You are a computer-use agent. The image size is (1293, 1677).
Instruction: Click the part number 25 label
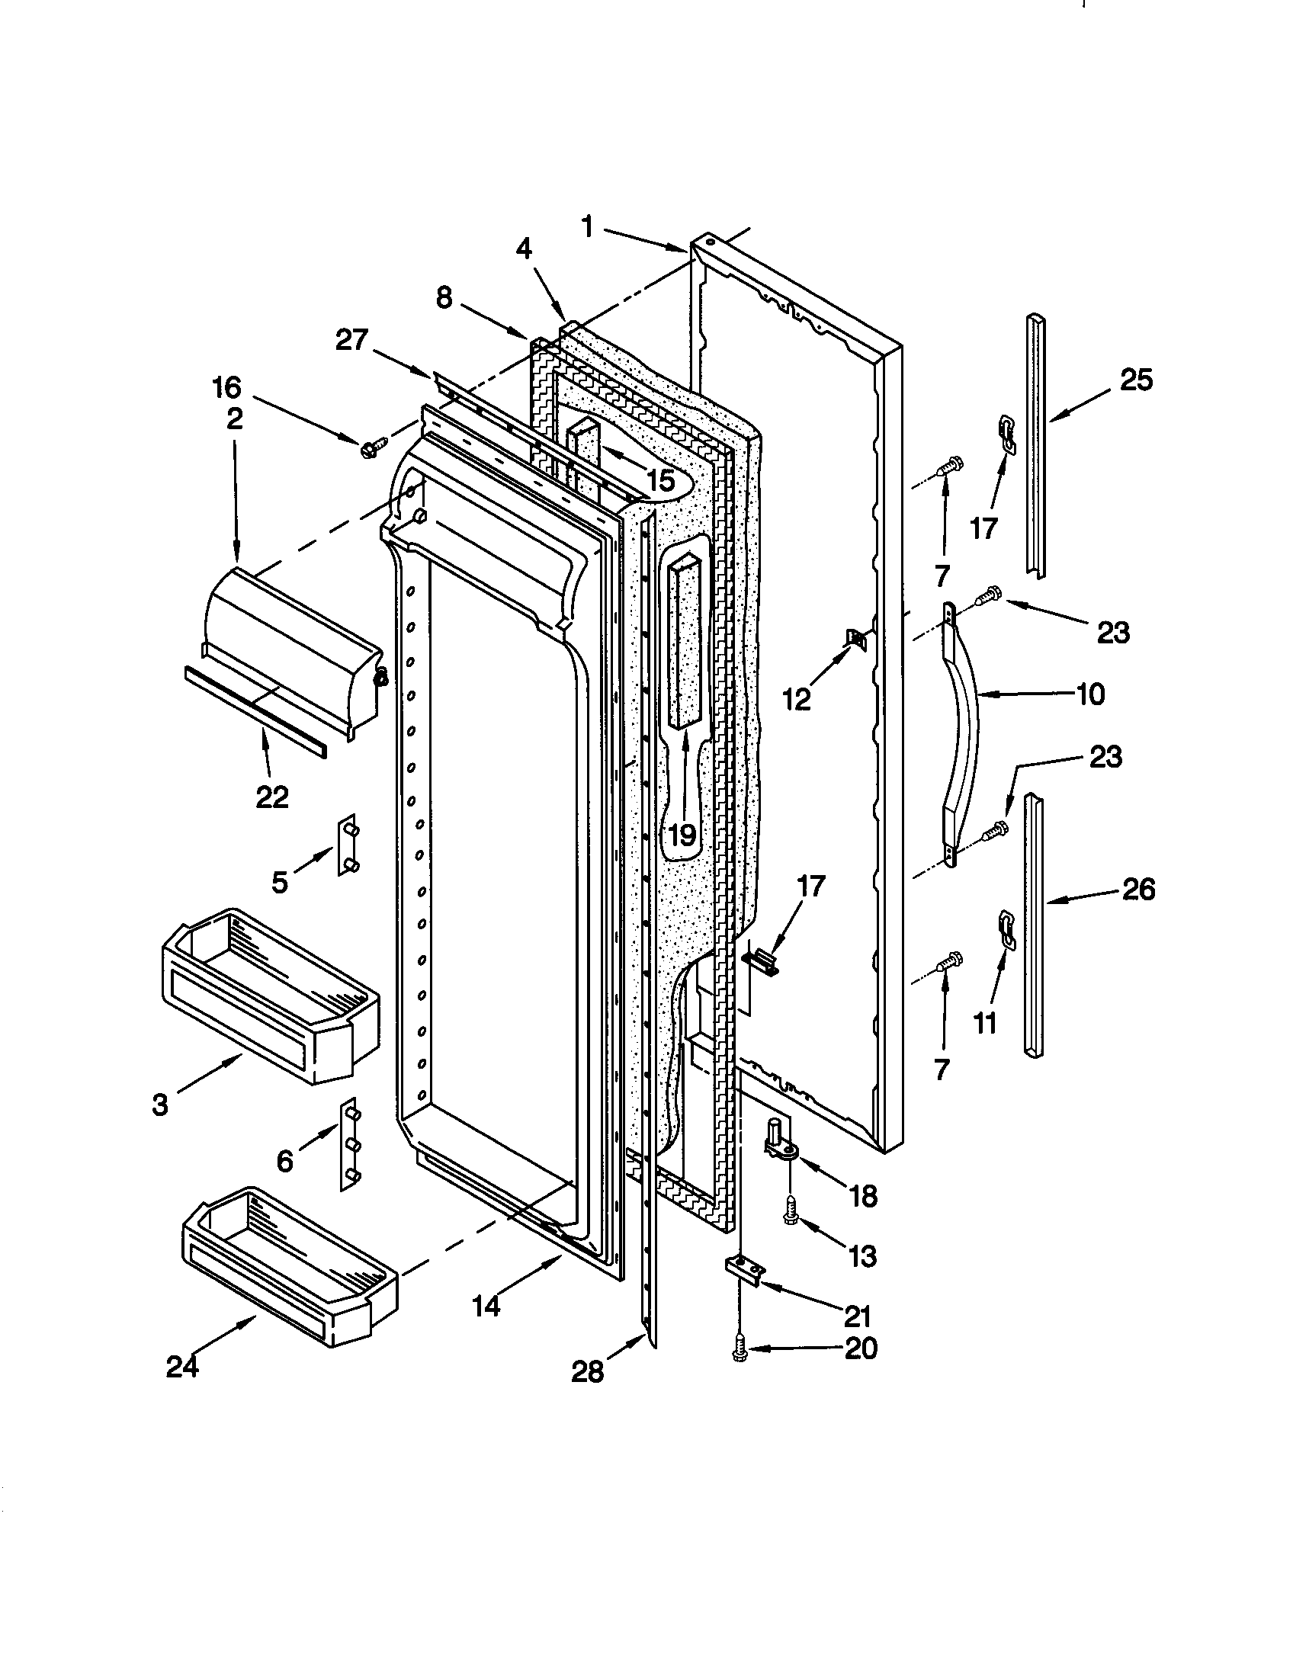pos(1136,380)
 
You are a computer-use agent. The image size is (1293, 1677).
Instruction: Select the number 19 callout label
pos(681,833)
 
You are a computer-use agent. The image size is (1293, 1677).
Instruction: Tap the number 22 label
pos(272,797)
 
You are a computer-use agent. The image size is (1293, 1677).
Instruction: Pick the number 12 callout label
pos(797,700)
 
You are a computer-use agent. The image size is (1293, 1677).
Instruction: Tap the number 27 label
pos(351,340)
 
